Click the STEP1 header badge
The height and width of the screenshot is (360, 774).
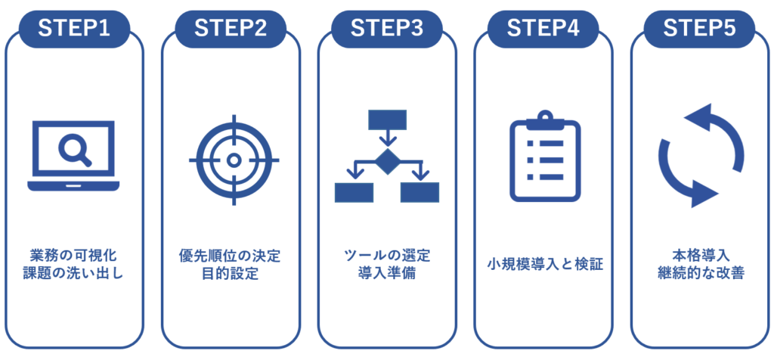point(74,28)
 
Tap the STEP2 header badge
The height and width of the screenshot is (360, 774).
point(231,28)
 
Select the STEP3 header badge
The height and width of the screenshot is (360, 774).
point(387,28)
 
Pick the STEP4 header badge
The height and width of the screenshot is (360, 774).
point(543,28)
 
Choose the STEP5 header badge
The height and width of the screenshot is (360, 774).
point(699,28)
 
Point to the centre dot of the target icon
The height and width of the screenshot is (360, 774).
point(234,160)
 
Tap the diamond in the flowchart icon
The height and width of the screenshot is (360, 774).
point(387,161)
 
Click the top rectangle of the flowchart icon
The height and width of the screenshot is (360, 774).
point(387,119)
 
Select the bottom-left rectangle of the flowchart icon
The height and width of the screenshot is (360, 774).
point(354,192)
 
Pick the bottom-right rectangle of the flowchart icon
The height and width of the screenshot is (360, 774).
point(420,192)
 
